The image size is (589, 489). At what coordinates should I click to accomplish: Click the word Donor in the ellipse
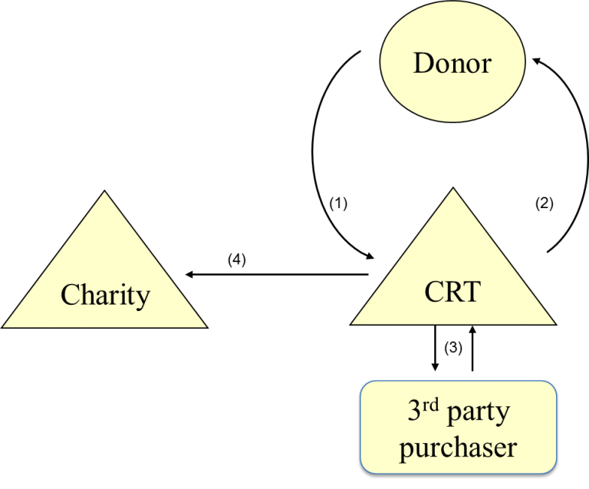(x=452, y=63)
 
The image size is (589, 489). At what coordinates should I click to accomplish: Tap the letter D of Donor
(x=423, y=63)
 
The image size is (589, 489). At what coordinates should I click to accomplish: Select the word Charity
(x=105, y=295)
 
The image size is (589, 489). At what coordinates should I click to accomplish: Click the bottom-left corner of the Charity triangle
(x=4, y=327)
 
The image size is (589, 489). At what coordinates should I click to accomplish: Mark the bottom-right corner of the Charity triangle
(x=206, y=327)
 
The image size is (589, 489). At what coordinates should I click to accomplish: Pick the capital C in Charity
(x=70, y=295)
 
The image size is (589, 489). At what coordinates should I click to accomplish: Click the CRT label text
(x=452, y=292)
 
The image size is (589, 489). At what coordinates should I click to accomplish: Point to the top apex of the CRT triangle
(x=452, y=190)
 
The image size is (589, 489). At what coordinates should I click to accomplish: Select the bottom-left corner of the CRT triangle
(x=352, y=323)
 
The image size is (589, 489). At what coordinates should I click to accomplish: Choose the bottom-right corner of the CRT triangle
(x=554, y=323)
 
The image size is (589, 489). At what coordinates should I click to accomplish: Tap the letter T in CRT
(x=472, y=292)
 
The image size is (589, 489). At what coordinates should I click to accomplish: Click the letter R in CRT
(x=452, y=292)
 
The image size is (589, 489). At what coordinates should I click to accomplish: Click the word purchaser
(x=459, y=447)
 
